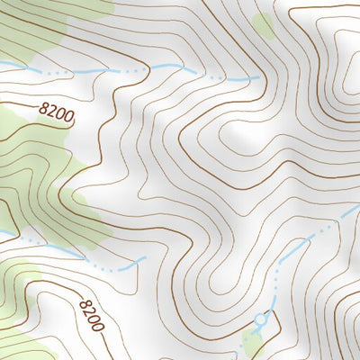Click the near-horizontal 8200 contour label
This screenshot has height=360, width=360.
click(x=55, y=114)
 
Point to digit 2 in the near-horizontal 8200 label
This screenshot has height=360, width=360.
click(x=51, y=112)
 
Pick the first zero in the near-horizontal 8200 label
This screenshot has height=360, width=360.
click(x=58, y=116)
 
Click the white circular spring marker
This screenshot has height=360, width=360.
click(x=262, y=319)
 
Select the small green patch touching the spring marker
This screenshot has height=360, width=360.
click(x=252, y=340)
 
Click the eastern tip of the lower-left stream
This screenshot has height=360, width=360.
click(x=144, y=259)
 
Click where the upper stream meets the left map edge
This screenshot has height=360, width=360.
click(x=2, y=64)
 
